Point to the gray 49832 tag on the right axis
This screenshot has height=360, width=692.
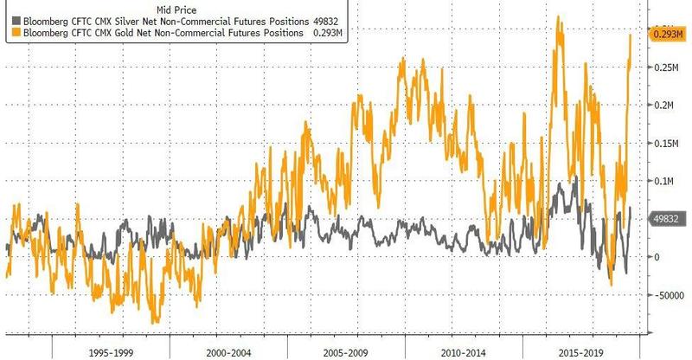(x=666, y=219)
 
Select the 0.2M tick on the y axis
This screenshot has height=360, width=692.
(x=663, y=106)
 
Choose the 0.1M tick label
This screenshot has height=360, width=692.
(x=663, y=182)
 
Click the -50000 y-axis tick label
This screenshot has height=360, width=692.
(x=669, y=295)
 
